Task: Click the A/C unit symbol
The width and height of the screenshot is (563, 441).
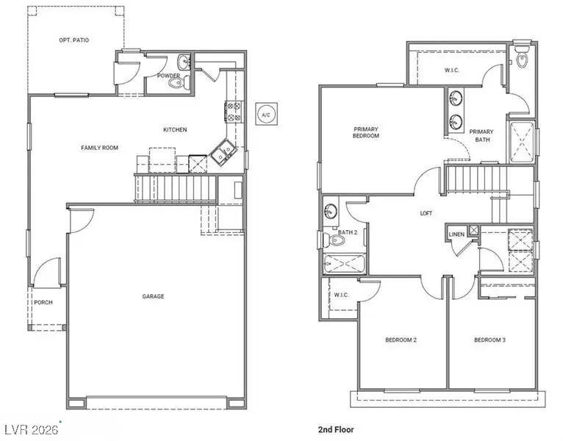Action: pyautogui.click(x=265, y=114)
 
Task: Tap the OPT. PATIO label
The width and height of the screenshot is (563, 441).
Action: pyautogui.click(x=74, y=40)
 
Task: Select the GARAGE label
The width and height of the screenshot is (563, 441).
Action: pyautogui.click(x=154, y=296)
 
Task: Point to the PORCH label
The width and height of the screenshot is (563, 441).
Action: pyautogui.click(x=43, y=302)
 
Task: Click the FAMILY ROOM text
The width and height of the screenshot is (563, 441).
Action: pyautogui.click(x=99, y=148)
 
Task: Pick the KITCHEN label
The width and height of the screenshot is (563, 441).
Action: pyautogui.click(x=175, y=129)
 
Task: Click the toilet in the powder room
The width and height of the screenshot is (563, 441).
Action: pyautogui.click(x=176, y=82)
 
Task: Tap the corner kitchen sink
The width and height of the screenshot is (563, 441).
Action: pyautogui.click(x=222, y=152)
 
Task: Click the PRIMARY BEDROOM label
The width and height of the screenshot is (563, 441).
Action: pyautogui.click(x=365, y=132)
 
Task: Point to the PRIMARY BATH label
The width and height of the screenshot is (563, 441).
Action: pyautogui.click(x=481, y=135)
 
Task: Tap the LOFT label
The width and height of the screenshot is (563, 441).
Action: pyautogui.click(x=426, y=213)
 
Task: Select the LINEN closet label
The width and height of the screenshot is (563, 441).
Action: pyautogui.click(x=456, y=234)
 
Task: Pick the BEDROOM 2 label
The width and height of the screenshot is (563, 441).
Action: pyautogui.click(x=401, y=340)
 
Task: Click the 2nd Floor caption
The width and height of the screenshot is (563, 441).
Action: pyautogui.click(x=331, y=428)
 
